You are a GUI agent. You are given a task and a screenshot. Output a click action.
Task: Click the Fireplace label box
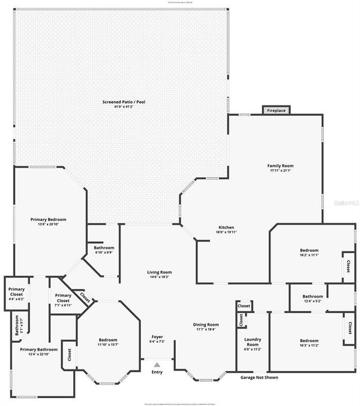point(276,111)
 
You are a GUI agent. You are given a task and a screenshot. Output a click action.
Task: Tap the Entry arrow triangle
point(157,365)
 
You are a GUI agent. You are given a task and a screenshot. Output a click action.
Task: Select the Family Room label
point(280,166)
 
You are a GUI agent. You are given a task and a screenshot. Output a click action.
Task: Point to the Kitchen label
point(226,228)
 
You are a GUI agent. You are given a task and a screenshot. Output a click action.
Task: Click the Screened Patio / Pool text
point(123,102)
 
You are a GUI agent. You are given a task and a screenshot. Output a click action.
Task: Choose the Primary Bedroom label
point(48,219)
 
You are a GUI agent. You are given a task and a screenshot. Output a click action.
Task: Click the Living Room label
point(159,272)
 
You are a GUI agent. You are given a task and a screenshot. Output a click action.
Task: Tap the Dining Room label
point(206,325)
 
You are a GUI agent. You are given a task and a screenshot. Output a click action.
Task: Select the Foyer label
point(157,337)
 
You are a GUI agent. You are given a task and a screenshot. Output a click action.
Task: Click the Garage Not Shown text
point(259,377)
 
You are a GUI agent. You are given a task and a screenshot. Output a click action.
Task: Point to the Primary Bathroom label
point(39,350)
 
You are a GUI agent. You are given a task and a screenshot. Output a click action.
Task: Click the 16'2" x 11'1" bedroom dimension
point(309,255)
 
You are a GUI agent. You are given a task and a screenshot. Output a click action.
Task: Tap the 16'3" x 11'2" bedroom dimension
point(309,345)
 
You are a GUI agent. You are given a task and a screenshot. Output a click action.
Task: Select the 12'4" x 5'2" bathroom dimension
point(312,301)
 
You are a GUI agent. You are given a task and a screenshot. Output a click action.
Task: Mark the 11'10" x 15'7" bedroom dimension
point(108,345)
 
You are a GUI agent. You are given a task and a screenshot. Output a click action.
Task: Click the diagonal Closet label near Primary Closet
point(85,297)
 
